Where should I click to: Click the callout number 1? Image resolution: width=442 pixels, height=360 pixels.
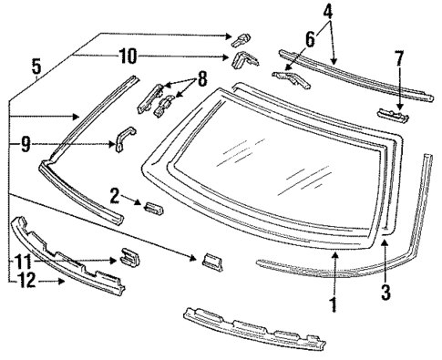click(333, 305)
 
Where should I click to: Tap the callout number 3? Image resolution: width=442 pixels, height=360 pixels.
click(386, 294)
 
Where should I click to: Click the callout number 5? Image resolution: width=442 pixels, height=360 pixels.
click(36, 67)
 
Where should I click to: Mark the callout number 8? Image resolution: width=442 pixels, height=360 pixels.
click(202, 78)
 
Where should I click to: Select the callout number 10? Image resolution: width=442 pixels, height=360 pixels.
click(128, 57)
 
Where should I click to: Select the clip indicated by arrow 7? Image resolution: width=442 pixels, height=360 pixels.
click(392, 114)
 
